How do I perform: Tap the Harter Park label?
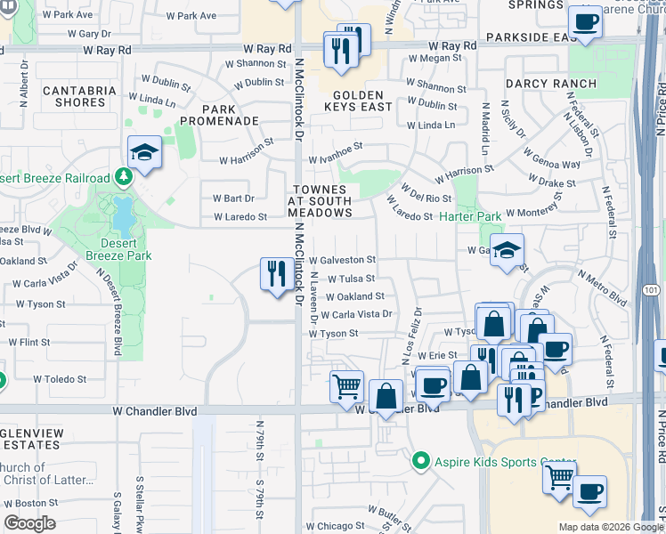tap(471, 216)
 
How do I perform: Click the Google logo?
tap(29, 523)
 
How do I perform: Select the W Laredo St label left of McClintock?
tap(240, 216)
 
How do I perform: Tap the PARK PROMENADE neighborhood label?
tap(219, 115)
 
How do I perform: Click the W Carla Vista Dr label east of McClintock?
tap(356, 314)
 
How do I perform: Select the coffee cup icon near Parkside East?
tap(585, 21)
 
